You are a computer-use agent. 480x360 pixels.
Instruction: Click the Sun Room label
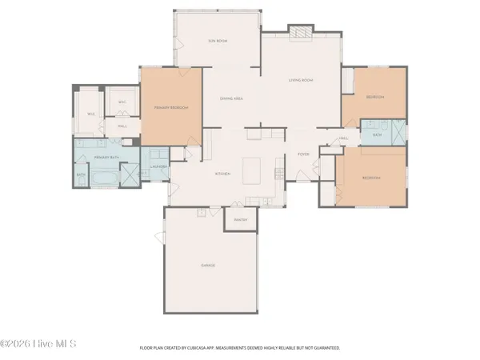(x=218, y=40)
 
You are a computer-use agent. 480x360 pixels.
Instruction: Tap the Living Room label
(x=300, y=80)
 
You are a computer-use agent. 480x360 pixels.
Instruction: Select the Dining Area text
(x=231, y=98)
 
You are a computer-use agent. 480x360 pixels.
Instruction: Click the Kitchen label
(x=222, y=174)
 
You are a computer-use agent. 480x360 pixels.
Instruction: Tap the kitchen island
(x=253, y=170)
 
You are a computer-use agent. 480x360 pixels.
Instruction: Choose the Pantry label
(x=241, y=219)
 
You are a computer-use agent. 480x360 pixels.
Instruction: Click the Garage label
(x=208, y=265)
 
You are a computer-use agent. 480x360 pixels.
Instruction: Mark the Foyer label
(x=303, y=154)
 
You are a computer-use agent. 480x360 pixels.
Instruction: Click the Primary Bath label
(x=106, y=158)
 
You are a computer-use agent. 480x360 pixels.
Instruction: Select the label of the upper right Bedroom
(x=374, y=97)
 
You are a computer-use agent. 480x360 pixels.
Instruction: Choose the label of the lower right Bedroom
(x=370, y=178)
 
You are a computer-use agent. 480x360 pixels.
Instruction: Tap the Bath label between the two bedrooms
(x=377, y=135)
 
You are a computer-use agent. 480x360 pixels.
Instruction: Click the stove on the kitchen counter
(x=278, y=170)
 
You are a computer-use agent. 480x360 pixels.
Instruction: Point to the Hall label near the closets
(x=122, y=126)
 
